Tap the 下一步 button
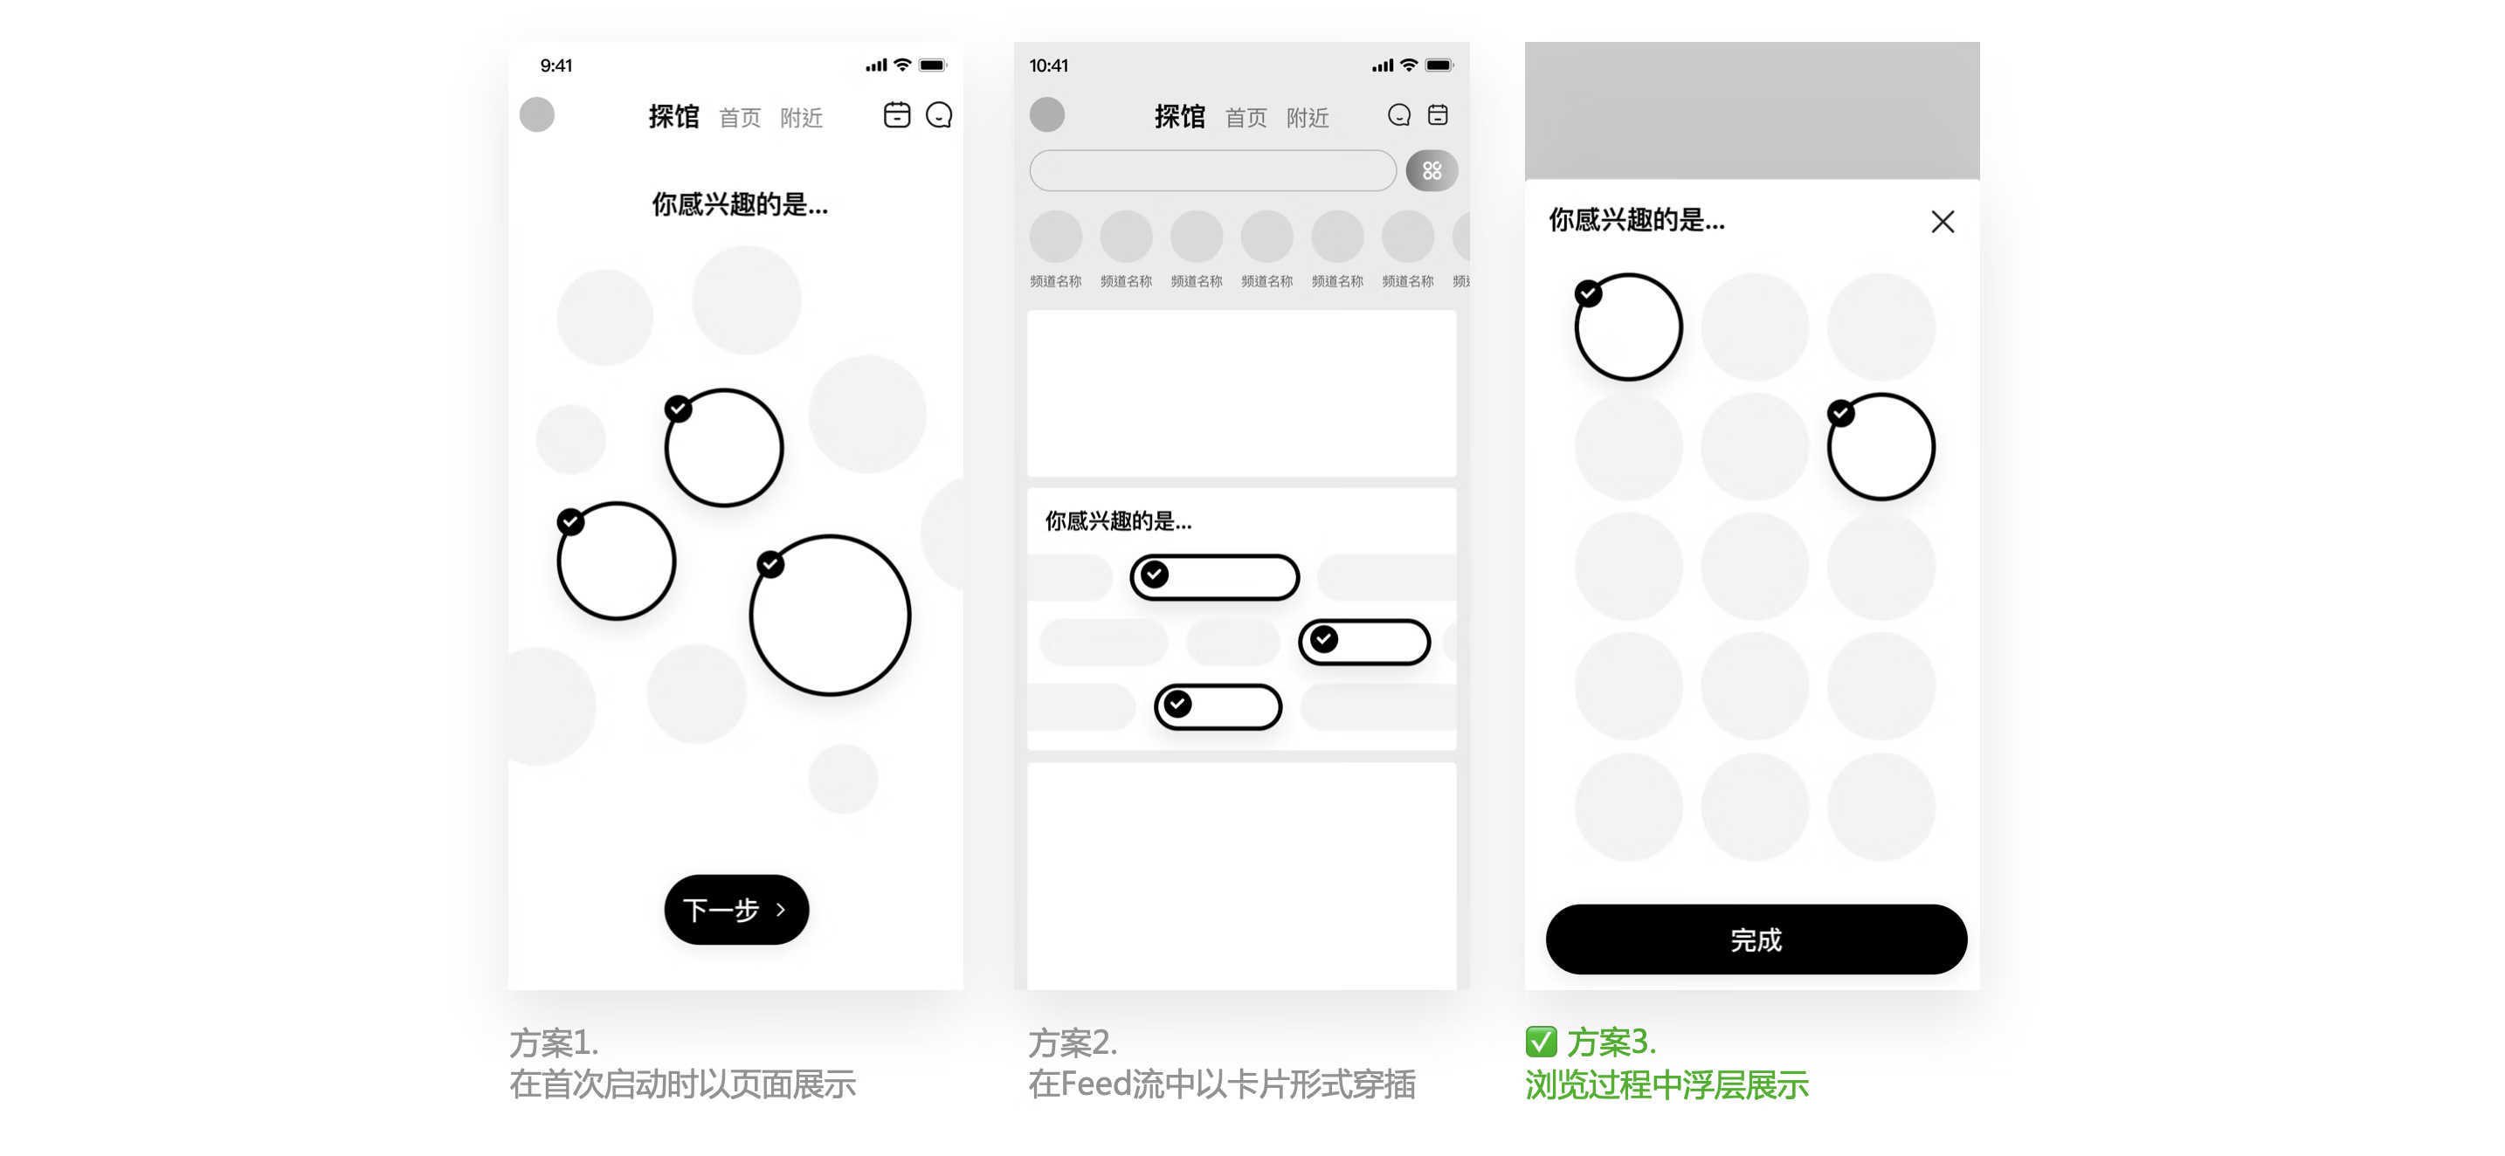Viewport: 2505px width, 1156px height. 736,909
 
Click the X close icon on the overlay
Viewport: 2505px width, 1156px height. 1942,222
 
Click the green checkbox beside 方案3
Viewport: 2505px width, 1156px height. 1541,1042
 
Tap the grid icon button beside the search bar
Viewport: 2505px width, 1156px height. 1432,171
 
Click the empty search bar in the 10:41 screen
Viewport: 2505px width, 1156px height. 1212,171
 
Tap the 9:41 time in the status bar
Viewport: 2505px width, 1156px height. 556,65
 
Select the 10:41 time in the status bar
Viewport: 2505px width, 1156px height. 1048,65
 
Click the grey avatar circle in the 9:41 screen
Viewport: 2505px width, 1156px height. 537,114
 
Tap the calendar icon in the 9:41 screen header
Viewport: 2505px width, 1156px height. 897,114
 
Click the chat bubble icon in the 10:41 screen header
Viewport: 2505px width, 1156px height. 1398,114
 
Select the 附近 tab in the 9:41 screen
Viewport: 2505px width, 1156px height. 801,118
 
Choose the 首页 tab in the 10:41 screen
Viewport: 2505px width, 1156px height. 1246,118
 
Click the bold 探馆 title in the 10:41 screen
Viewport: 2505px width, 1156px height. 1179,117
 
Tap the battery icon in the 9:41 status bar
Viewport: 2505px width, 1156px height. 933,65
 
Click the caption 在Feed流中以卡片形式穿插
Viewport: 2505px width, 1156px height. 1221,1084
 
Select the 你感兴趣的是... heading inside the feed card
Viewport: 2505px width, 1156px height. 1118,521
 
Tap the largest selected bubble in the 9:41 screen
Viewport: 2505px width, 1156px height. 830,615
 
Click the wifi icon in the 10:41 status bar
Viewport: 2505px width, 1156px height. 1408,65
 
